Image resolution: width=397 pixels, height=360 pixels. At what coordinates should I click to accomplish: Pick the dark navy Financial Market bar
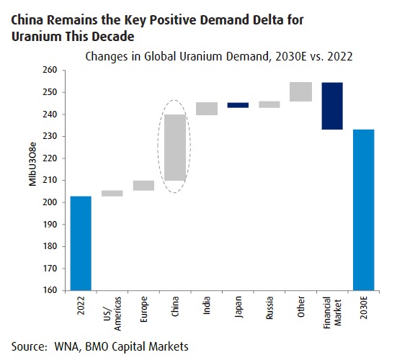pyautogui.click(x=332, y=106)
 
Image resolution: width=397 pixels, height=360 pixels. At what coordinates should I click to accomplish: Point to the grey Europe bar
pyautogui.click(x=143, y=185)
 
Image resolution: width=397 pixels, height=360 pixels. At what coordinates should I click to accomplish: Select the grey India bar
pyautogui.click(x=207, y=109)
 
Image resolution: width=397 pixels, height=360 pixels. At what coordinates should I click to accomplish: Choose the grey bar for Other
pyautogui.click(x=300, y=91)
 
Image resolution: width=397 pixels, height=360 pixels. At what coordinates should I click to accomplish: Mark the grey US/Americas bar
pyautogui.click(x=112, y=193)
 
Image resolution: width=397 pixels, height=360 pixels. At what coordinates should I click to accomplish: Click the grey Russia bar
pyautogui.click(x=269, y=104)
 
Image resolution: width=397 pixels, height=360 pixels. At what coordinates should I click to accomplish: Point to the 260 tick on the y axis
pyautogui.click(x=51, y=71)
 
